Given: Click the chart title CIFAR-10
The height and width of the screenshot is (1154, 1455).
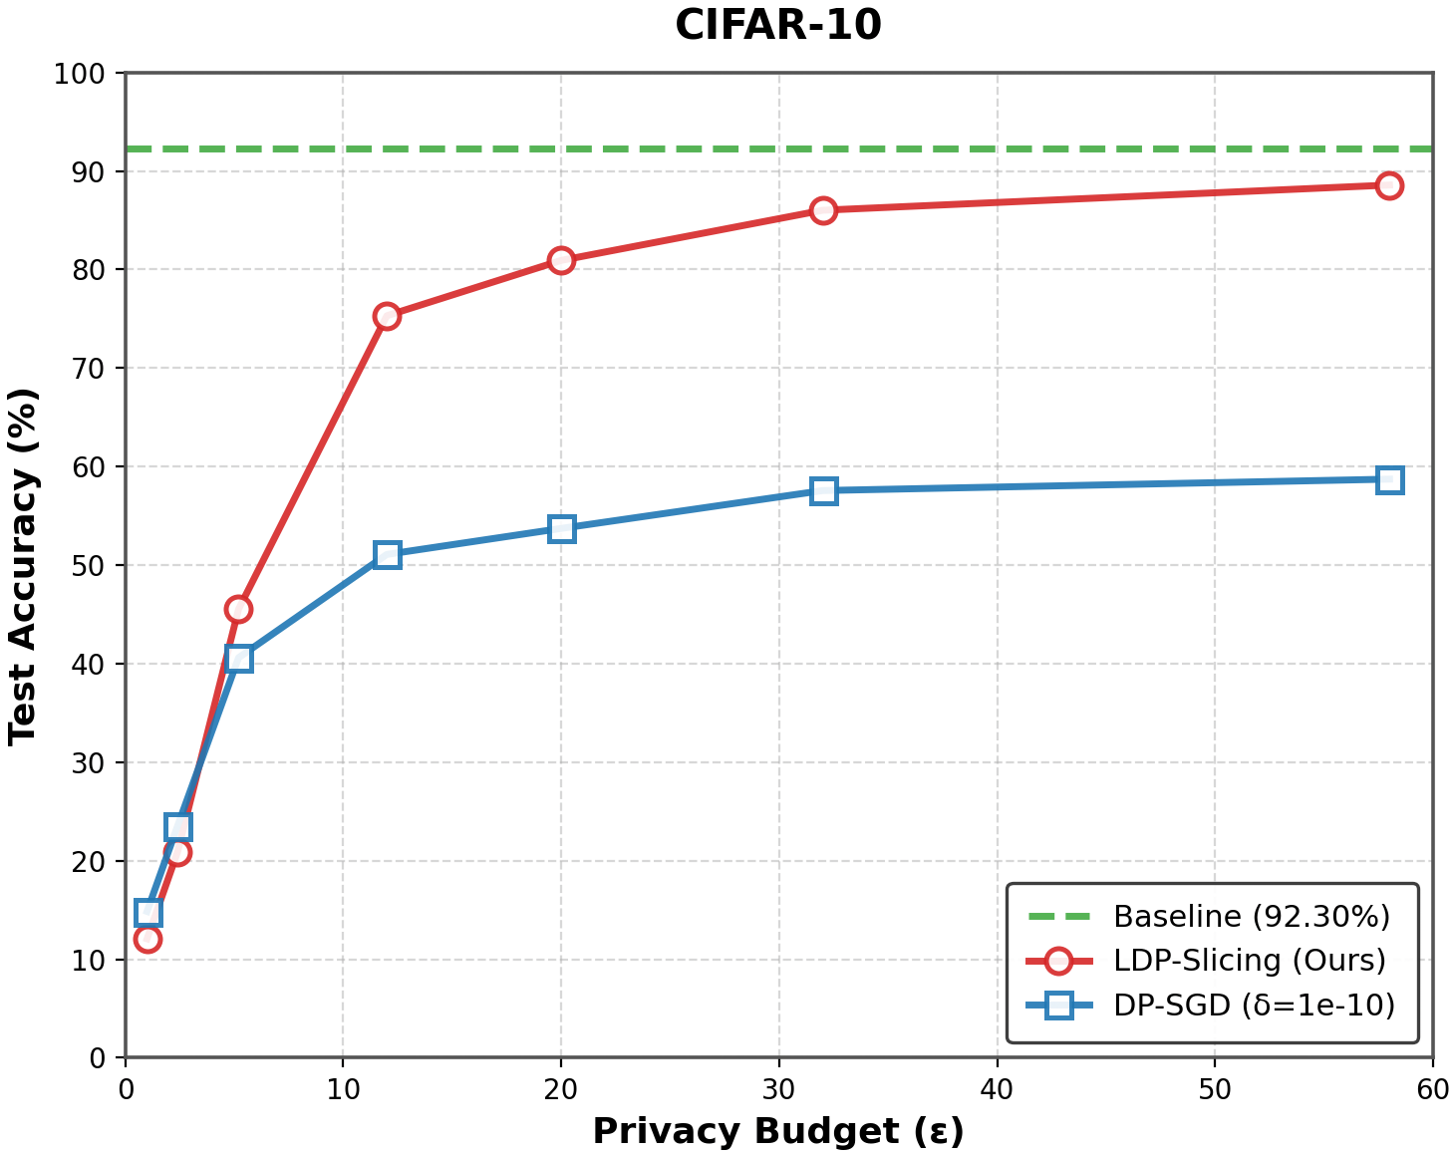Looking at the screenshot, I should [x=777, y=26].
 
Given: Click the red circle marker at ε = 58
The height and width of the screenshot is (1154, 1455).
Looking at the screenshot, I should [x=1389, y=185].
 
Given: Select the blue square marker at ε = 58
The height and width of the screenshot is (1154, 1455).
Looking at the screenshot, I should [x=1389, y=479].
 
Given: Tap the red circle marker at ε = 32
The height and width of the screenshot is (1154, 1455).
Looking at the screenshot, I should [x=823, y=210].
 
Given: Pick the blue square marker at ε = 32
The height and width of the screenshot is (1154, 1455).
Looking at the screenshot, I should [x=823, y=490].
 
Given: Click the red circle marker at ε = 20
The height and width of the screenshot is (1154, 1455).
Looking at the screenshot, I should [x=561, y=260].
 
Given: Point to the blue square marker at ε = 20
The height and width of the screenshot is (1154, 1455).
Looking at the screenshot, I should [x=561, y=528].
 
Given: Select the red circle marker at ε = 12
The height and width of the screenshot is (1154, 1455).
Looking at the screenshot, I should [x=387, y=316].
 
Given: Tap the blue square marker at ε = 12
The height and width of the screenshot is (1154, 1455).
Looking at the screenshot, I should [x=387, y=554].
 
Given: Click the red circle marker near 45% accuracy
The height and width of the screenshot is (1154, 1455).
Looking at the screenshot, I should [x=238, y=609].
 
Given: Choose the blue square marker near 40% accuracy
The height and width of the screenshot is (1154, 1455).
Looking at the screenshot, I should [x=238, y=658].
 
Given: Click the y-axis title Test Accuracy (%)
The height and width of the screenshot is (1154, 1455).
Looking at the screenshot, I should [x=24, y=566].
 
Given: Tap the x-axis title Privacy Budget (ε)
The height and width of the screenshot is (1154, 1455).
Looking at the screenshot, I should [x=777, y=1132].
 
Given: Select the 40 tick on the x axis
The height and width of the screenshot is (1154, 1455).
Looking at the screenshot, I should [x=997, y=1089].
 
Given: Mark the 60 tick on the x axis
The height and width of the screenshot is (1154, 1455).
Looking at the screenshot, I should [x=1432, y=1089].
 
